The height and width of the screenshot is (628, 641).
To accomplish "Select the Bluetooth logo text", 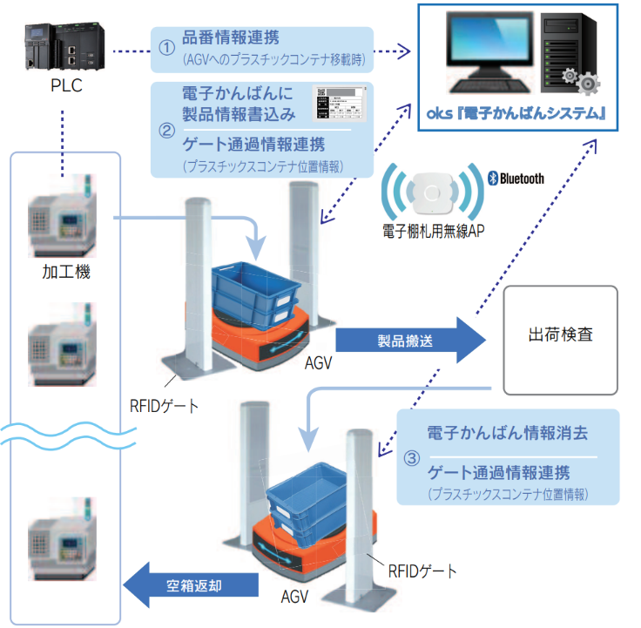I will pos(516,179).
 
